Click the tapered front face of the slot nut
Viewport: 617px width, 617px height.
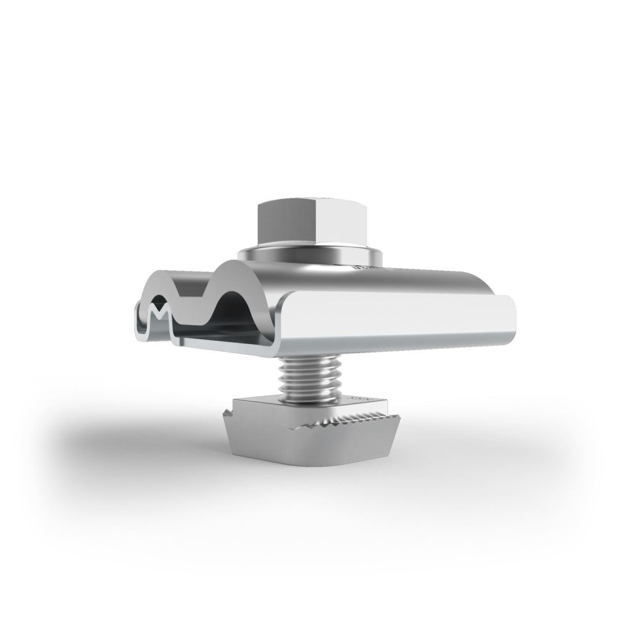click(288, 442)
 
